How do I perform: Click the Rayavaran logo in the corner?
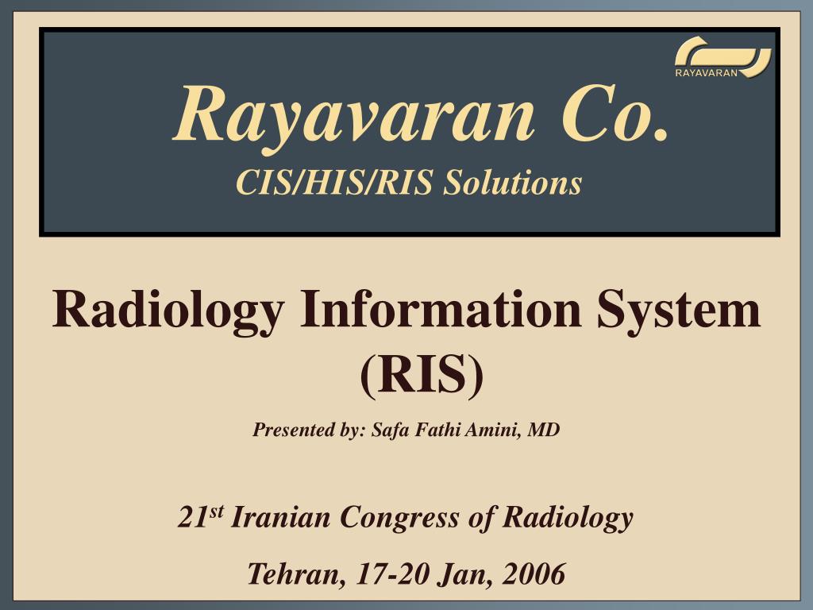722,58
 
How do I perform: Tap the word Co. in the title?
611,113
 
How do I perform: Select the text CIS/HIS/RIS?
333,183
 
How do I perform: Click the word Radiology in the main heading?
167,311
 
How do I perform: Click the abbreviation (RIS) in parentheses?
422,375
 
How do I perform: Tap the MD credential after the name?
545,430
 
